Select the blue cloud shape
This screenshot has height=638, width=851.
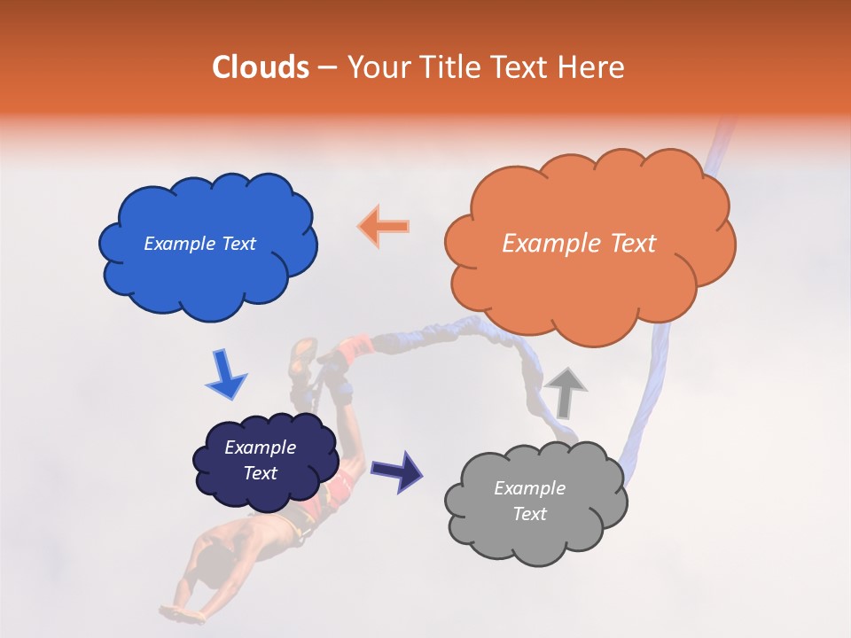[x=207, y=245]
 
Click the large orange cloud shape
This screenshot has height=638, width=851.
[x=589, y=239]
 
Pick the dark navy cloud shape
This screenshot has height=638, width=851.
[x=265, y=460]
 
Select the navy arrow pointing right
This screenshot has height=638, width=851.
[x=396, y=471]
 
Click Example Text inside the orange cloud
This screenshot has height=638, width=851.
[x=579, y=244]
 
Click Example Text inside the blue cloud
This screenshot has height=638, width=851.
[x=199, y=244]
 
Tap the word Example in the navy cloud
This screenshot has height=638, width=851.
[x=260, y=447]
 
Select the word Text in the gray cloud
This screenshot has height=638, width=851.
[x=529, y=514]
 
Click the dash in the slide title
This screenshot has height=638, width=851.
[x=326, y=68]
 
